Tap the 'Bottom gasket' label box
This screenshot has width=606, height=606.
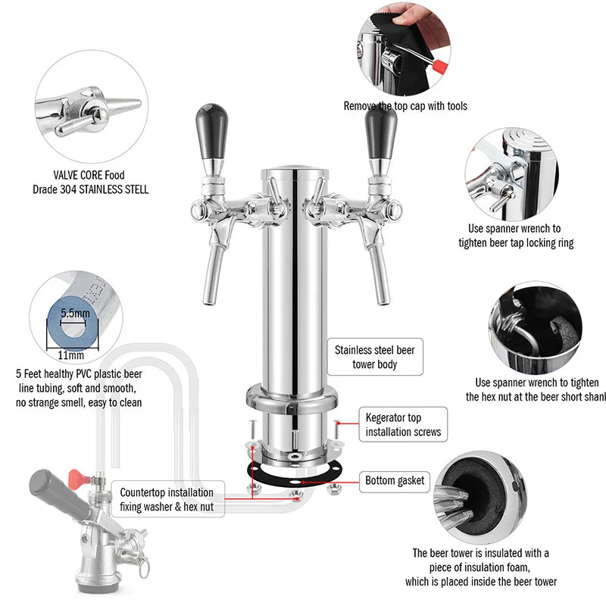395,480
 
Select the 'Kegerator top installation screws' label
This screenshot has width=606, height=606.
403,424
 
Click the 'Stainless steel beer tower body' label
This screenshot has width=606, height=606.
376,358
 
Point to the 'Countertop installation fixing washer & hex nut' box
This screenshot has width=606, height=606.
167,498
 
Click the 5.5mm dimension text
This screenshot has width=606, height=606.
75,312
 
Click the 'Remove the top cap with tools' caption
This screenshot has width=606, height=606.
405,106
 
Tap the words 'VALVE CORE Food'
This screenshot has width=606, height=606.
90,173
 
